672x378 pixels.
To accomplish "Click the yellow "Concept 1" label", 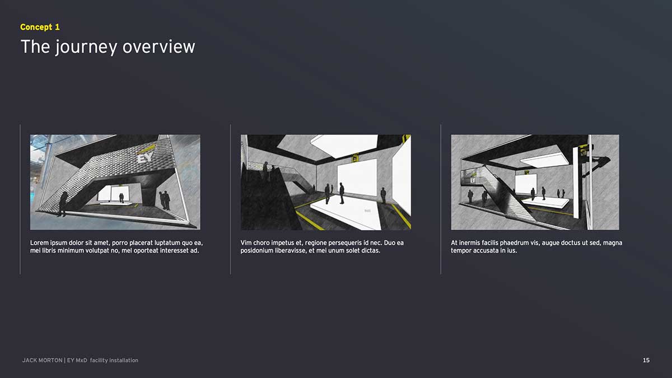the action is [40, 27].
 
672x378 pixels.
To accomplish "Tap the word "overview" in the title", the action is [158, 47].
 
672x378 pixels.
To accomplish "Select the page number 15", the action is [646, 360].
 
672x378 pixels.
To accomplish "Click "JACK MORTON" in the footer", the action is [43, 360].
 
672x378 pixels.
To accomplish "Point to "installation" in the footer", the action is [124, 360].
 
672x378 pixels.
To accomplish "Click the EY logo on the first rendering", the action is [146, 157].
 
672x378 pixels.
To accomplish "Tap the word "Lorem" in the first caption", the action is [39, 242].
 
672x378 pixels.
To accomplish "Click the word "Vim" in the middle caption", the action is [246, 242].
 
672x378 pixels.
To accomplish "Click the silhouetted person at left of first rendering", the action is [62, 204].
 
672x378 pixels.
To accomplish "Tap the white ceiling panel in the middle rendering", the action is [345, 144].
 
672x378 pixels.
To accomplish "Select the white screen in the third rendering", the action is [526, 184].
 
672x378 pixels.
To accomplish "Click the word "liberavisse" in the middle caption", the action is [291, 250].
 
